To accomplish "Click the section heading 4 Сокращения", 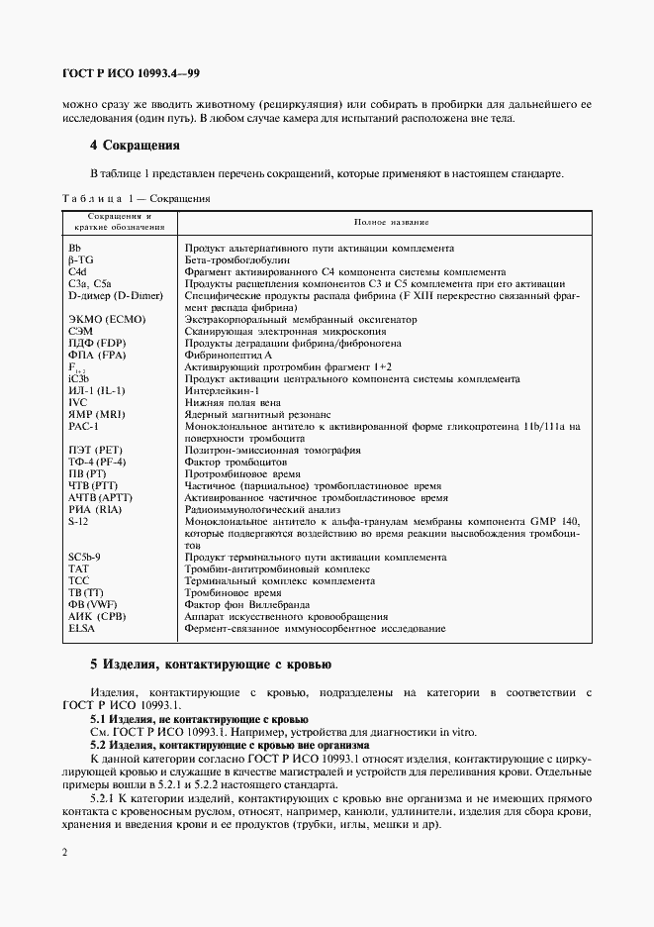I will [134, 145].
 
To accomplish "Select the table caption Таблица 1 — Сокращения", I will [136, 198].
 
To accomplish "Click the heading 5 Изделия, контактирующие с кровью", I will [211, 664].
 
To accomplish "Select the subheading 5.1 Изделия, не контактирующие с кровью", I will [199, 718].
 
